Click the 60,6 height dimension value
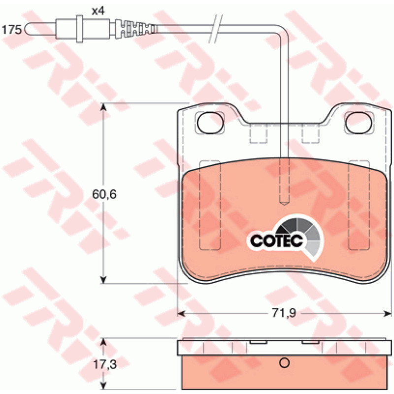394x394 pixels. pos(104,194)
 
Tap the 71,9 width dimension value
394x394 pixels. pos(284,313)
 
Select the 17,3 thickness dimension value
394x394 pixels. pos(105,364)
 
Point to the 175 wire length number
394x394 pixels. pos(11,30)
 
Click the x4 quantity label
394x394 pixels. pos(98,11)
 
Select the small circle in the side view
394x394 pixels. pos(285,362)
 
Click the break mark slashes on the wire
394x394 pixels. pos(216,29)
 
